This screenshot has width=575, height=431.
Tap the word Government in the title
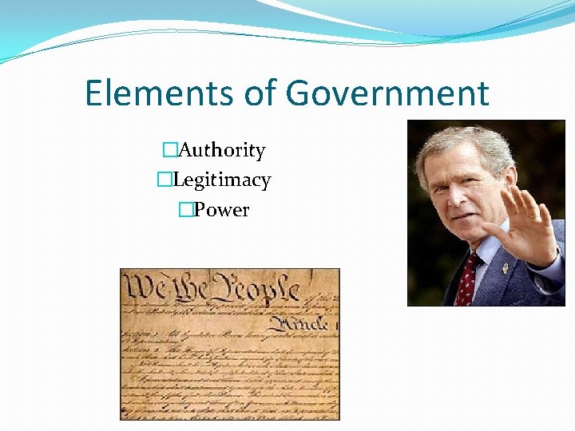387,93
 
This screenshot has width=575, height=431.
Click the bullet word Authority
222,150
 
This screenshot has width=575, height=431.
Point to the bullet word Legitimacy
221,180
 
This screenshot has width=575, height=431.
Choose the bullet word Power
222,211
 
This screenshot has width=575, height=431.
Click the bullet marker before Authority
169,150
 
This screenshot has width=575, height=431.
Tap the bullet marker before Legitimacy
164,180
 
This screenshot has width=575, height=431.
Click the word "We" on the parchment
146,287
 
